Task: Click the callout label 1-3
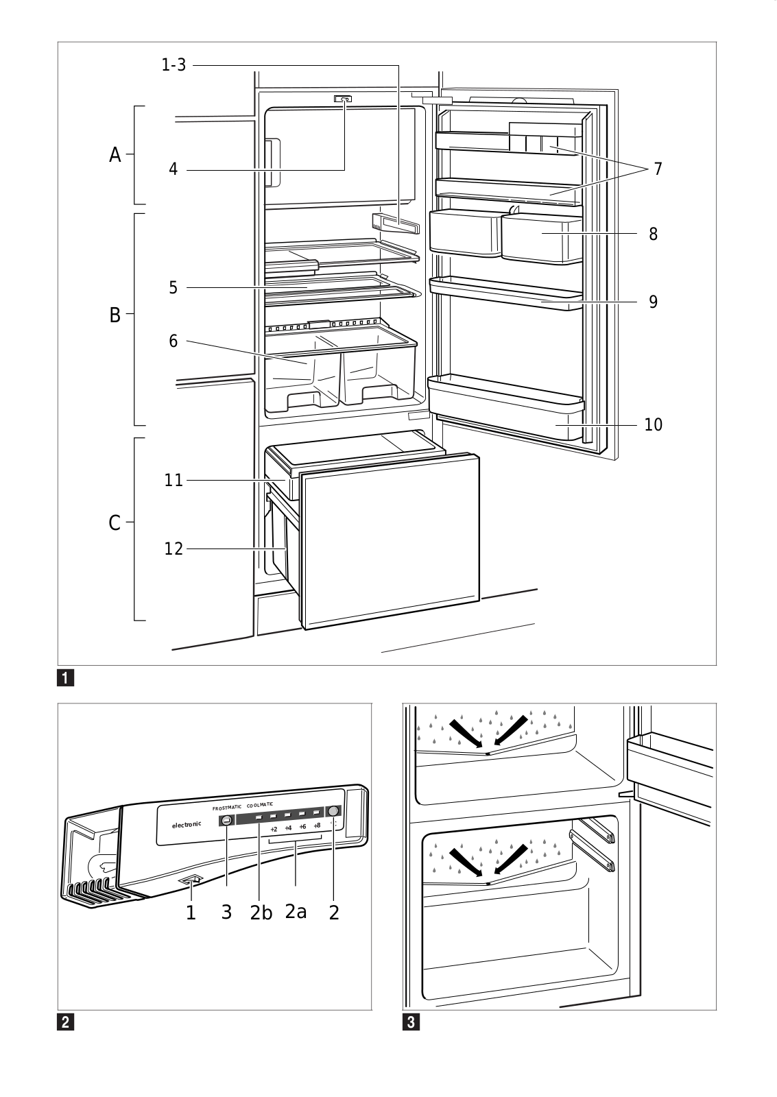pos(173,65)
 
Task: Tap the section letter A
pos(115,156)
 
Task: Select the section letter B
pos(115,316)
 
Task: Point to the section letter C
pos(115,524)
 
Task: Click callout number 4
pos(174,169)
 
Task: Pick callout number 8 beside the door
pos(653,234)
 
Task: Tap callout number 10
pos(654,424)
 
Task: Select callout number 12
pos(174,548)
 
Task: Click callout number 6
pos(174,341)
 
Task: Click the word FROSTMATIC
pos(226,808)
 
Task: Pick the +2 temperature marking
pos(274,828)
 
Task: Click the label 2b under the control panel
pos(261,913)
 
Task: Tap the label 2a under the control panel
pos(296,912)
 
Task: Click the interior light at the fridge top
pos(344,99)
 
